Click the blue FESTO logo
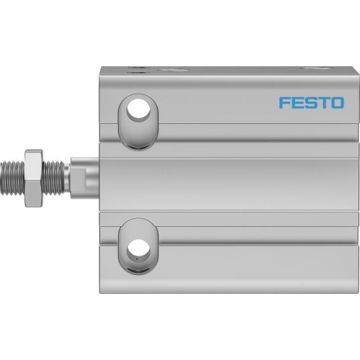tap(311, 102)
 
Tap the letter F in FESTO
tap(284, 102)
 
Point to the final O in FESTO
tap(336, 102)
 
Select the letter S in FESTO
tap(310, 102)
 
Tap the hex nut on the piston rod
tap(33, 178)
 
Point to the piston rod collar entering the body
tap(83, 177)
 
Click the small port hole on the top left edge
tap(138, 70)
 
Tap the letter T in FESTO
tap(323, 102)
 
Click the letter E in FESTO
tap(297, 102)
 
